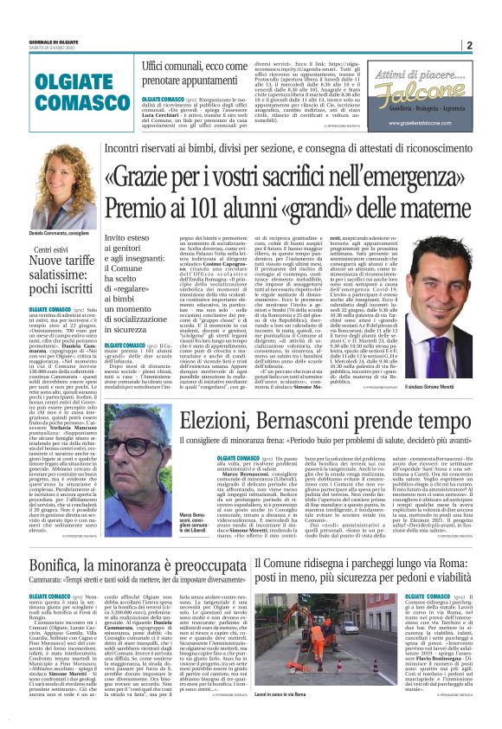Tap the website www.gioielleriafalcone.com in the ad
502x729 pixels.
click(x=428, y=124)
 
